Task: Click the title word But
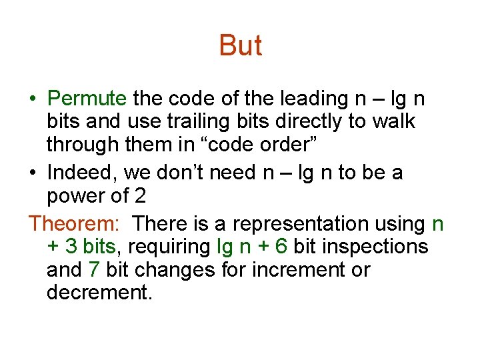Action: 240,45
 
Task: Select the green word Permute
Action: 87,99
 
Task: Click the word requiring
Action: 169,247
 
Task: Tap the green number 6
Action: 281,247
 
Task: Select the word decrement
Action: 99,293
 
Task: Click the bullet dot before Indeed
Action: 33,173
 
